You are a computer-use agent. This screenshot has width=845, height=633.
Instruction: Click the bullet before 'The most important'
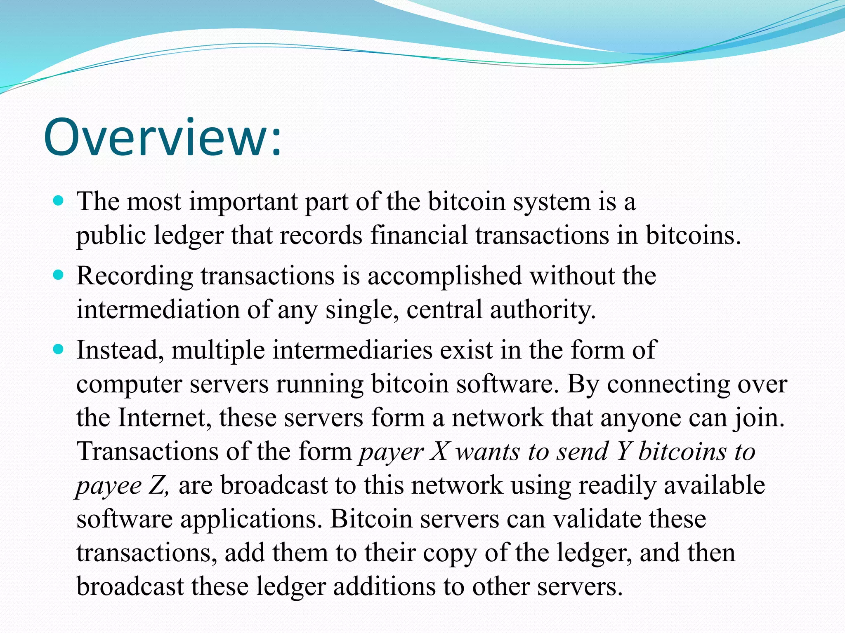click(x=59, y=201)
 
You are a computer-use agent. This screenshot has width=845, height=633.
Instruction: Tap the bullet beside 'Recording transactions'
click(x=59, y=275)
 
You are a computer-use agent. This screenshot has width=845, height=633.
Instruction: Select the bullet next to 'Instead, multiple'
click(x=59, y=349)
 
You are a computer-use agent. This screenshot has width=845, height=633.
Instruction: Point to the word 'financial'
click(x=418, y=235)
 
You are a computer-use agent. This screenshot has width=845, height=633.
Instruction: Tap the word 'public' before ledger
click(x=111, y=236)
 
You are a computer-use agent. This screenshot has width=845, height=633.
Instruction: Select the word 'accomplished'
click(x=444, y=276)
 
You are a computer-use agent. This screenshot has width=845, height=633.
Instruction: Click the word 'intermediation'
click(x=158, y=309)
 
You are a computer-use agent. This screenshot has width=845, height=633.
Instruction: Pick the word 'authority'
click(x=543, y=309)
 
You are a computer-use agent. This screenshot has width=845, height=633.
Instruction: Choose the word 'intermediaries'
click(x=352, y=350)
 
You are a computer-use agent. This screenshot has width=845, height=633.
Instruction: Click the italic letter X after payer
click(x=439, y=452)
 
